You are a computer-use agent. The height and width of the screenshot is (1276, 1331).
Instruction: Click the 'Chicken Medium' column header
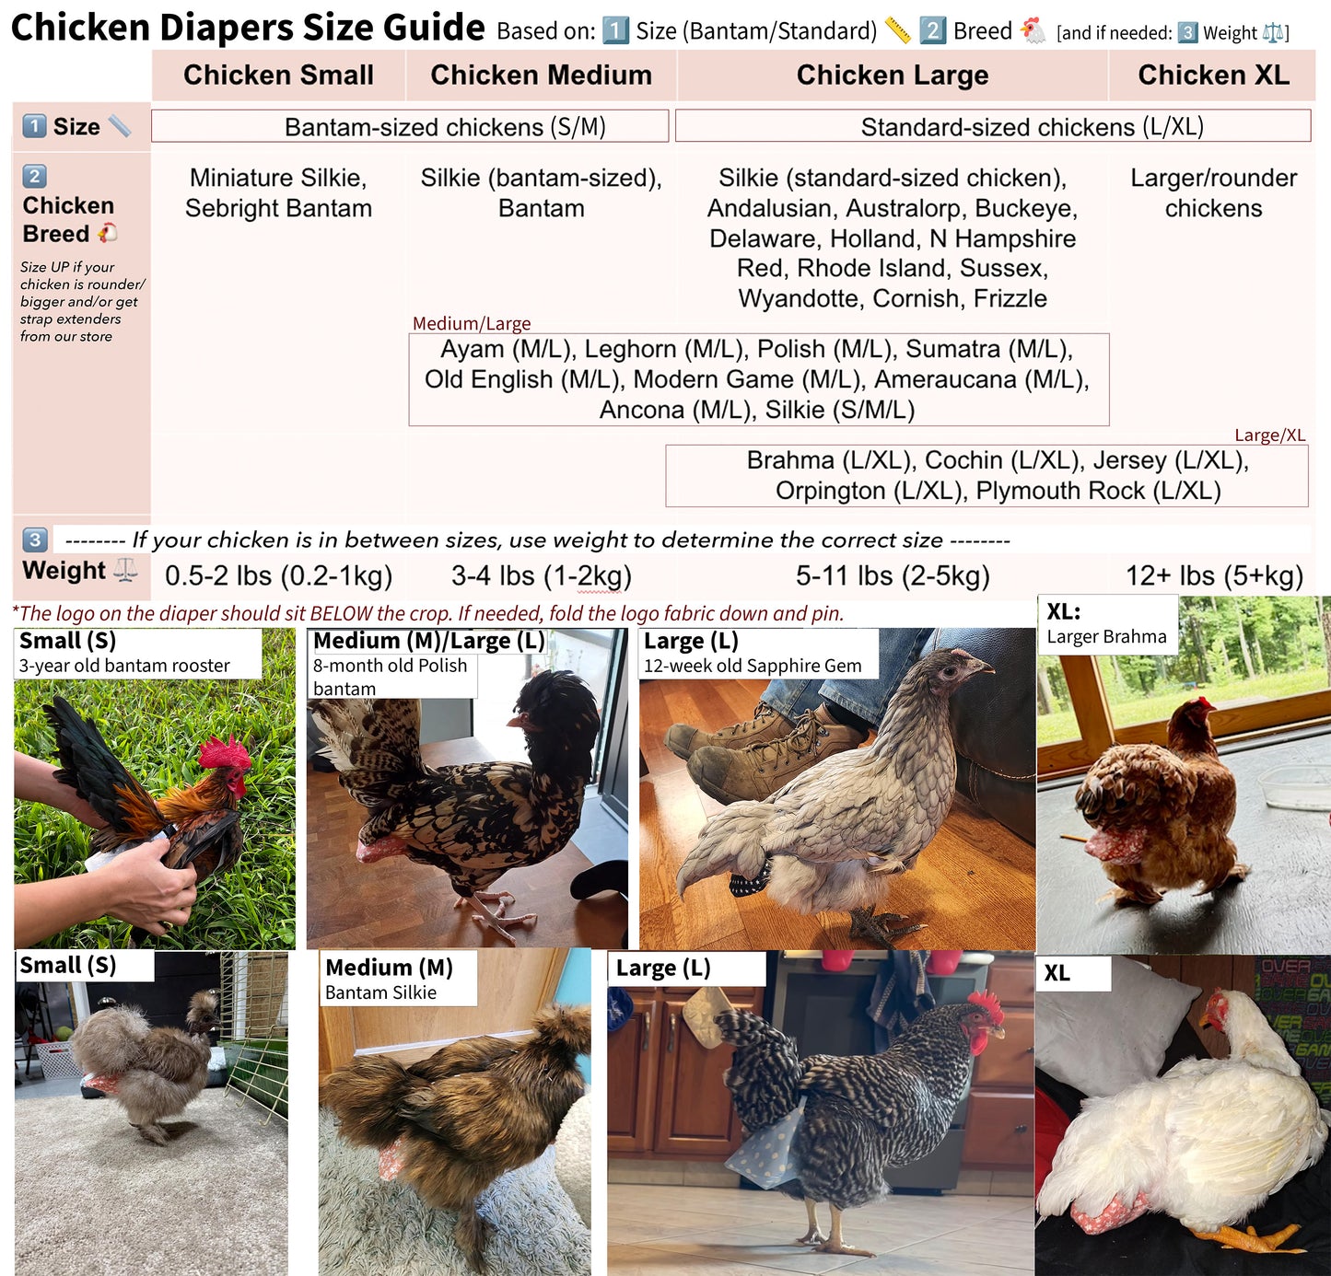tap(541, 75)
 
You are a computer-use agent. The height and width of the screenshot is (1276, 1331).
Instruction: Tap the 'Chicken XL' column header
tap(1213, 75)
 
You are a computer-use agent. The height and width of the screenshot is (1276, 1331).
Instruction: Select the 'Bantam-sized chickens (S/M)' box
tap(410, 126)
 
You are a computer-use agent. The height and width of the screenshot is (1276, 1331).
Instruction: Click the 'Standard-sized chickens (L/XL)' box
tap(993, 126)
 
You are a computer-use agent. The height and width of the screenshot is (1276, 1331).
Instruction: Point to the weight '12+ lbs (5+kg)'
tap(1214, 575)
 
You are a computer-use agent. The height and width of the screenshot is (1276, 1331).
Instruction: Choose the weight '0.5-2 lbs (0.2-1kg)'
tap(278, 575)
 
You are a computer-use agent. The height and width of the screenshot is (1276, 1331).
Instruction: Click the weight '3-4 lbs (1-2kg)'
tap(541, 575)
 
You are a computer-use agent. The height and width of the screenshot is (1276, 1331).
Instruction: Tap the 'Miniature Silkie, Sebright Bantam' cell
tap(278, 192)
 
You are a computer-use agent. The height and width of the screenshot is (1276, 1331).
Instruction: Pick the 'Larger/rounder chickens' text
tap(1213, 192)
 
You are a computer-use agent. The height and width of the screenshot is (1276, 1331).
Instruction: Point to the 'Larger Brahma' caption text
tap(1106, 637)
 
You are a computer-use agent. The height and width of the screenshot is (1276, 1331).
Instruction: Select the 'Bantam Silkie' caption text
tap(380, 992)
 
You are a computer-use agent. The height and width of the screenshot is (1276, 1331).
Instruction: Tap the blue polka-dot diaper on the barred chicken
tap(763, 1148)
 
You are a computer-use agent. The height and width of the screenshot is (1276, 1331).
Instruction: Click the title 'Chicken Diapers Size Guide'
tap(248, 28)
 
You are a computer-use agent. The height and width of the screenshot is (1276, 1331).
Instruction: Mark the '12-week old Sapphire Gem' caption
tap(753, 666)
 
